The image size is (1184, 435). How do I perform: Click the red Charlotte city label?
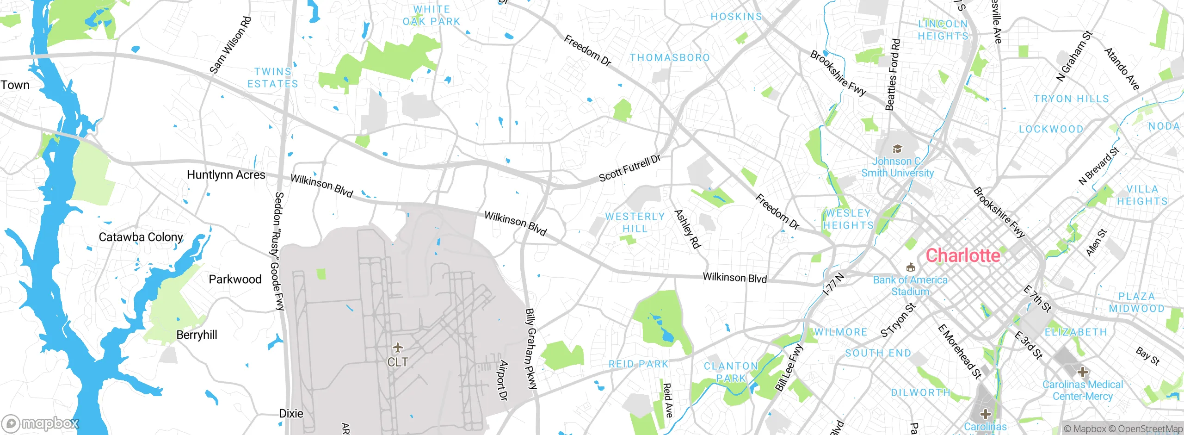963,255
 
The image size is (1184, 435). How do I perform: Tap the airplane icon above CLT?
397,347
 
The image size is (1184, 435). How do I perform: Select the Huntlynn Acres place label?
226,175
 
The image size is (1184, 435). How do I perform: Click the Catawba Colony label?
141,237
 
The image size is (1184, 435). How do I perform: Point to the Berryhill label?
197,335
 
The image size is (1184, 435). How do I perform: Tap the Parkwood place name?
235,280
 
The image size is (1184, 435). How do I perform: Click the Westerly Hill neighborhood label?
635,223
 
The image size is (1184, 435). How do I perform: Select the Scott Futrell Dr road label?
629,168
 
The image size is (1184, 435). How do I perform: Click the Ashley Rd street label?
687,229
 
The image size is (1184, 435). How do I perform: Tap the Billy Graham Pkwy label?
531,348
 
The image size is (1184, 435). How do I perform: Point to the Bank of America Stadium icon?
911,267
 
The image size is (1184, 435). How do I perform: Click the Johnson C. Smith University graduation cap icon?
897,149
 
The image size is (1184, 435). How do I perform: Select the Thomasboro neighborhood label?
669,58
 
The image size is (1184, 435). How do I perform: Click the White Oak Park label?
431,16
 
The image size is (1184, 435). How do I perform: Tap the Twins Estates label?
272,78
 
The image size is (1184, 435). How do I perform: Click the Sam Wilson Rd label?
230,45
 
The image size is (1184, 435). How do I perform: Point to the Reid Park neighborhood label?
638,364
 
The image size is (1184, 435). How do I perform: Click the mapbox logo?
40,423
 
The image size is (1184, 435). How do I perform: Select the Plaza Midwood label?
1136,303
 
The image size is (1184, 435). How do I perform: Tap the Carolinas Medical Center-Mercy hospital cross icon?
1082,372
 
